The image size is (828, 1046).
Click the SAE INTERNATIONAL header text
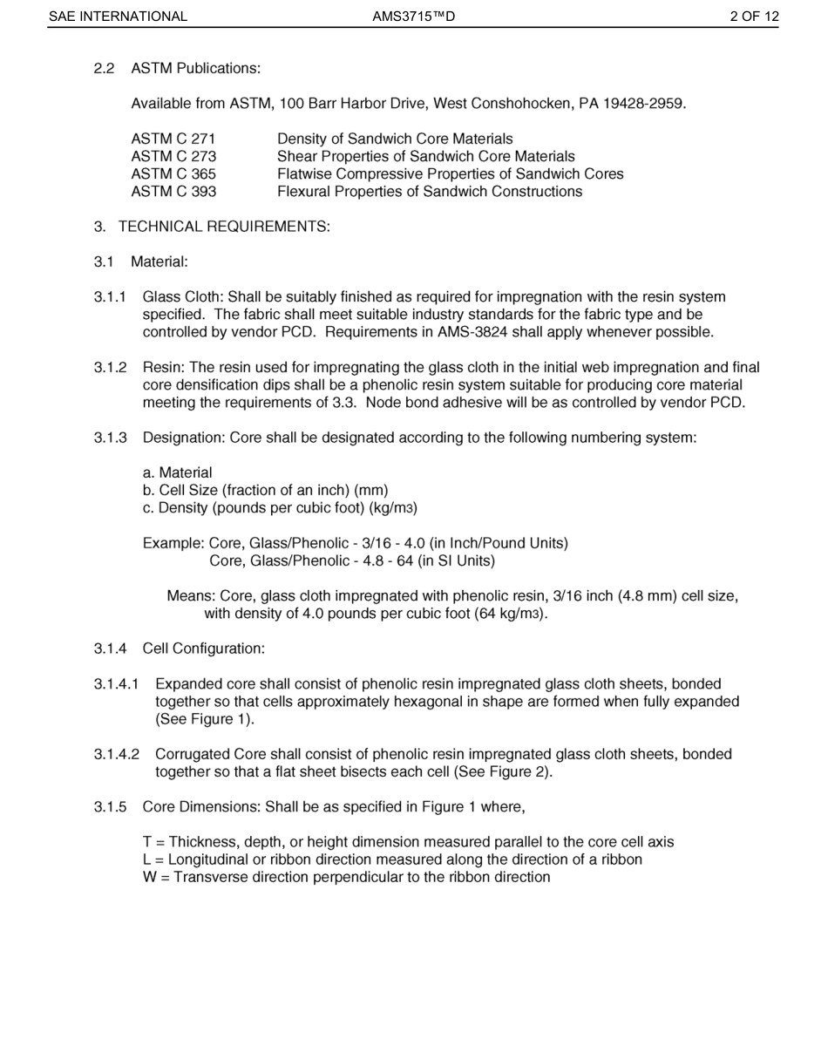(118, 17)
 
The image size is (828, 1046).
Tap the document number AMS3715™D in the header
(413, 17)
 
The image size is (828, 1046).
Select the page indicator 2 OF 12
(755, 17)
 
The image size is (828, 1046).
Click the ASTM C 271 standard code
(173, 139)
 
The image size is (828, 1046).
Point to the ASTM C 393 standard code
(173, 191)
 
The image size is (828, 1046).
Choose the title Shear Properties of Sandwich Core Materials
(425, 156)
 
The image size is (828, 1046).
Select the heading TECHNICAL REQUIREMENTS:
(224, 227)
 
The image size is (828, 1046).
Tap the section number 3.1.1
(111, 297)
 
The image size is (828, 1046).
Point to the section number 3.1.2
(111, 367)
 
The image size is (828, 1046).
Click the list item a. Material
(177, 472)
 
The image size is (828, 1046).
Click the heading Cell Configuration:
(203, 649)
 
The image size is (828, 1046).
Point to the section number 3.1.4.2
(117, 754)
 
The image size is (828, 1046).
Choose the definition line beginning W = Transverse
(346, 877)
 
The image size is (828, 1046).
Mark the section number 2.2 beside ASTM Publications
(105, 68)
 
